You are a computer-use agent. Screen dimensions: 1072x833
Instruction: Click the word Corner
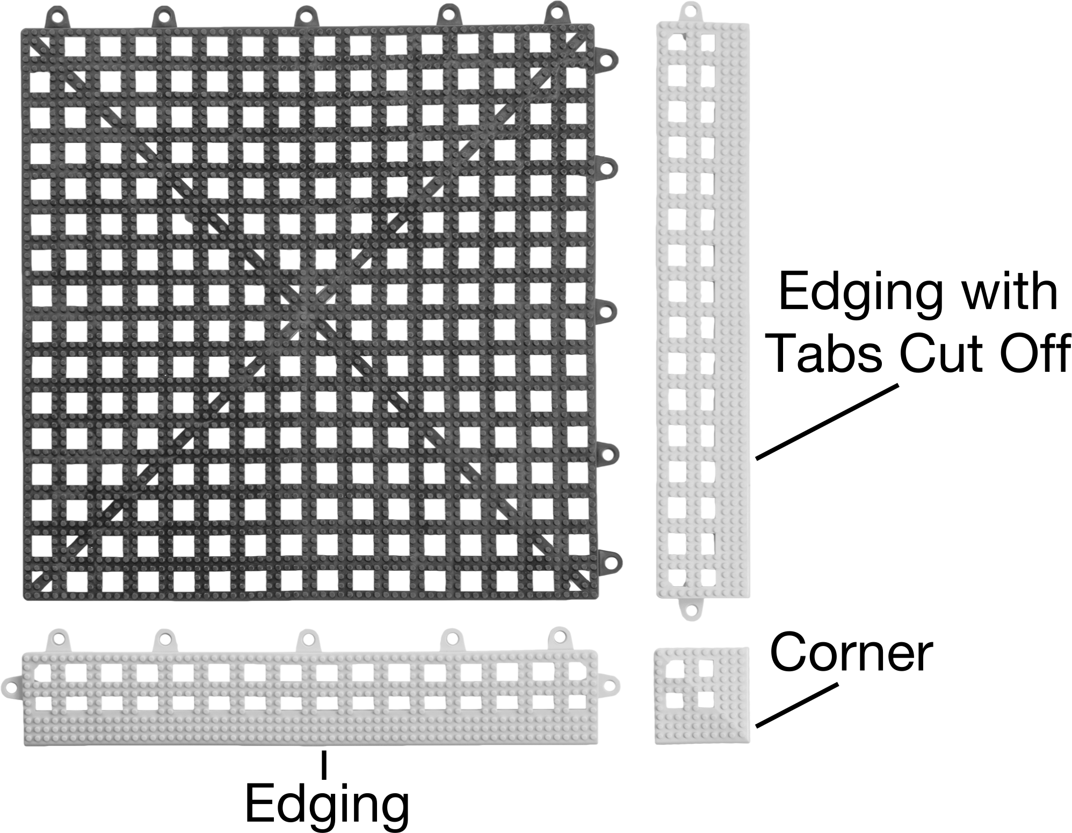[851, 652]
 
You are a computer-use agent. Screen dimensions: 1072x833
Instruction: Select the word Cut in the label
[942, 353]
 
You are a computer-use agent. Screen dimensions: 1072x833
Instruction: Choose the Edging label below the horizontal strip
[327, 806]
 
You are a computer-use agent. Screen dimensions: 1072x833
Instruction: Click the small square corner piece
[701, 695]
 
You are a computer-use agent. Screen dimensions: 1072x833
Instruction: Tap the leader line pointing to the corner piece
[796, 706]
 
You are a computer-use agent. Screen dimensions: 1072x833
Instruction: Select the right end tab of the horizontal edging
[608, 686]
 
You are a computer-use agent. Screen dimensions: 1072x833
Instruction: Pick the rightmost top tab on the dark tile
[557, 14]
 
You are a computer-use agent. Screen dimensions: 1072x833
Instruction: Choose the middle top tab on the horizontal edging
[308, 640]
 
